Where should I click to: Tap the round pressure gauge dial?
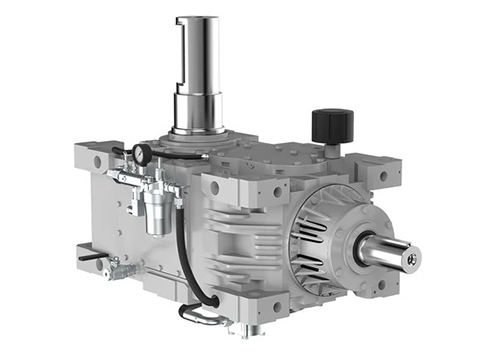143,154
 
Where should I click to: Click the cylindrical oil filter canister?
157,211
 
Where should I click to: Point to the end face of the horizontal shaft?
411,257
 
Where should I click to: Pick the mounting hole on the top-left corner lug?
97,160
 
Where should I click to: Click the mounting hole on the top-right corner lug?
382,176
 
